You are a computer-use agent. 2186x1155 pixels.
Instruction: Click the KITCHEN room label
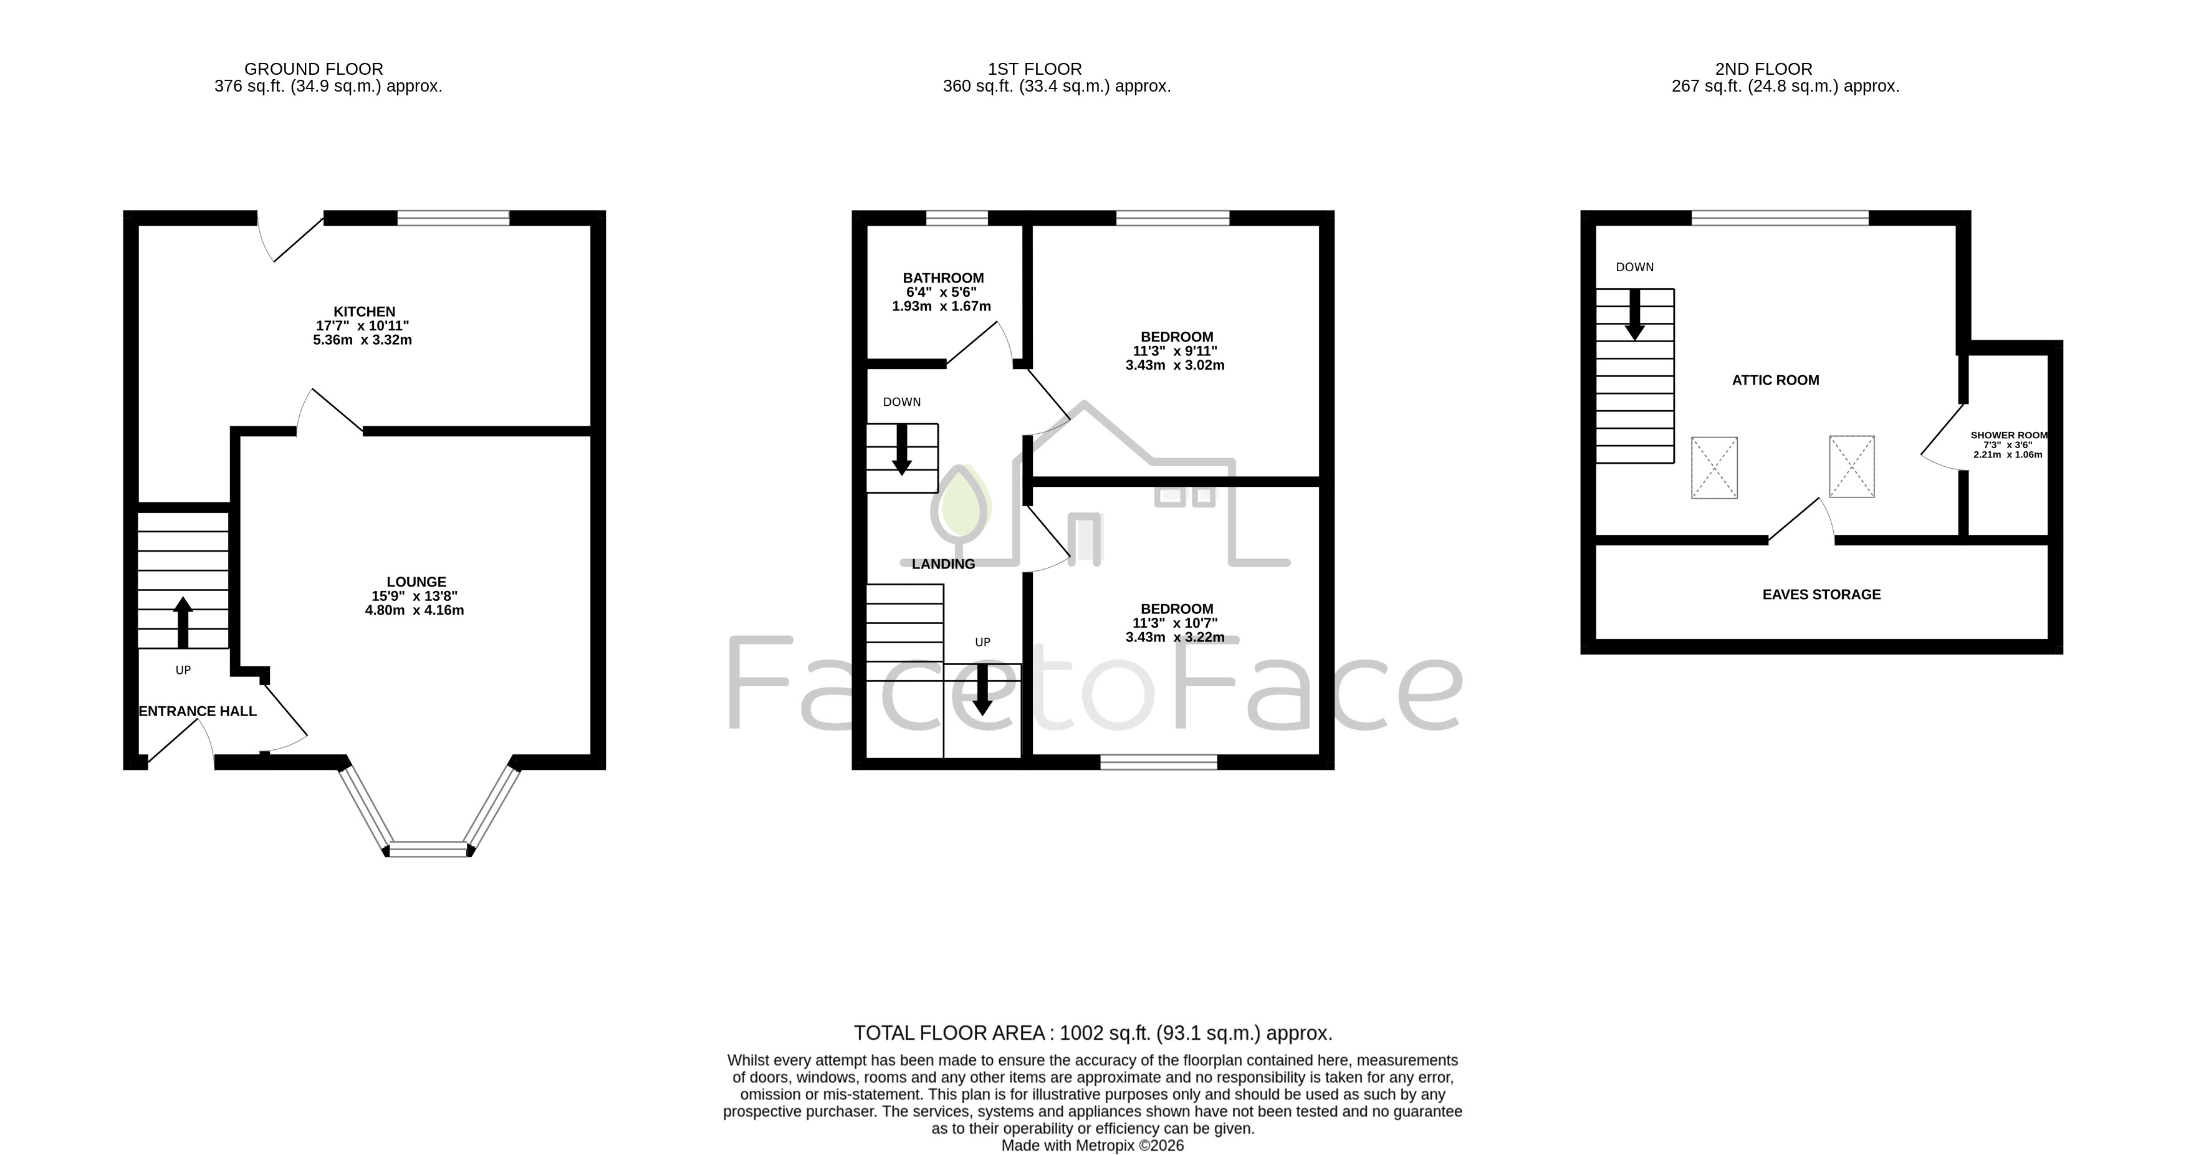[x=364, y=312]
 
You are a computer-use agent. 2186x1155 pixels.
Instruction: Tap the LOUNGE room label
[x=416, y=582]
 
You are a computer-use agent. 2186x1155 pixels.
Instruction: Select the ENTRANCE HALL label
[x=198, y=711]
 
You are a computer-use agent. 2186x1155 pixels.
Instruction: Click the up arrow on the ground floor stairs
[x=183, y=622]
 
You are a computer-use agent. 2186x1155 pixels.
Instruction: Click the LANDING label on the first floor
[x=943, y=564]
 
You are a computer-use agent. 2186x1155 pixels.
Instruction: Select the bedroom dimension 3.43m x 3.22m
[x=1176, y=637]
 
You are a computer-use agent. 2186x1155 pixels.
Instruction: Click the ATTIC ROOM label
[x=1775, y=380]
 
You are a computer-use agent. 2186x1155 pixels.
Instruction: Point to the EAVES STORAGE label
[x=1821, y=595]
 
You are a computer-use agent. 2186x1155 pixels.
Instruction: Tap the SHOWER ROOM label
[x=2008, y=435]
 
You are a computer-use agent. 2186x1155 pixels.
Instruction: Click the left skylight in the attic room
[x=1714, y=467]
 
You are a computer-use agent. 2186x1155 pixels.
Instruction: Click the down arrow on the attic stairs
[x=1634, y=315]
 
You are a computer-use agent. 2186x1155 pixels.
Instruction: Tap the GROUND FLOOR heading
[x=314, y=69]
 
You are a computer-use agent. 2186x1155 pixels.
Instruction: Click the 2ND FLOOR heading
[x=1763, y=69]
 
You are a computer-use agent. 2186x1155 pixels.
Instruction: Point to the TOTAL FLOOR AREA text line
[x=1093, y=1033]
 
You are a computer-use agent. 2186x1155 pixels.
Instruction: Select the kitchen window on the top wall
[x=453, y=218]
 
